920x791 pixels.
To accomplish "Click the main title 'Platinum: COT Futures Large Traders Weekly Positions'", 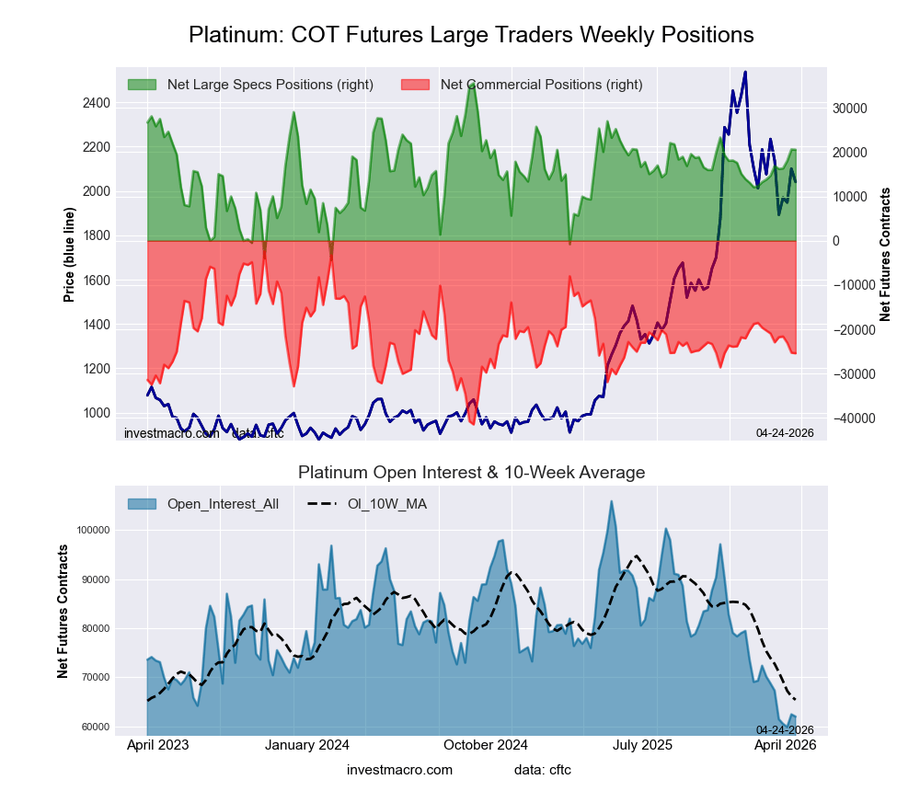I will pyautogui.click(x=471, y=35).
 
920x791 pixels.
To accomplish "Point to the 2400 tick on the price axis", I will pyautogui.click(x=96, y=103).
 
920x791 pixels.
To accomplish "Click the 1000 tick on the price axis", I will pyautogui.click(x=96, y=413).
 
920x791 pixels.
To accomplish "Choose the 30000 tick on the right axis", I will pyautogui.click(x=850, y=108).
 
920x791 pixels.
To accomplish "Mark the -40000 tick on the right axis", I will pyautogui.click(x=852, y=418).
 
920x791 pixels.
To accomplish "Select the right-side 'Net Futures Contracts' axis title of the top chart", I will pyautogui.click(x=885, y=254).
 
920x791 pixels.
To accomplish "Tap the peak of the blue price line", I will pyautogui.click(x=744, y=72).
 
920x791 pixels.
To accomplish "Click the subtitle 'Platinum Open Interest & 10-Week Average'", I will pyautogui.click(x=471, y=472).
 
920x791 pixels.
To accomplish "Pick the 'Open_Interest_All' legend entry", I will pyautogui.click(x=223, y=503).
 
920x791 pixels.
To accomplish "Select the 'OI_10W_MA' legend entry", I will pyautogui.click(x=386, y=503).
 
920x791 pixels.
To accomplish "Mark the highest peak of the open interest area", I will pyautogui.click(x=611, y=501).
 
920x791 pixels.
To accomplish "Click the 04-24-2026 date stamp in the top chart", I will pyautogui.click(x=785, y=431).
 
